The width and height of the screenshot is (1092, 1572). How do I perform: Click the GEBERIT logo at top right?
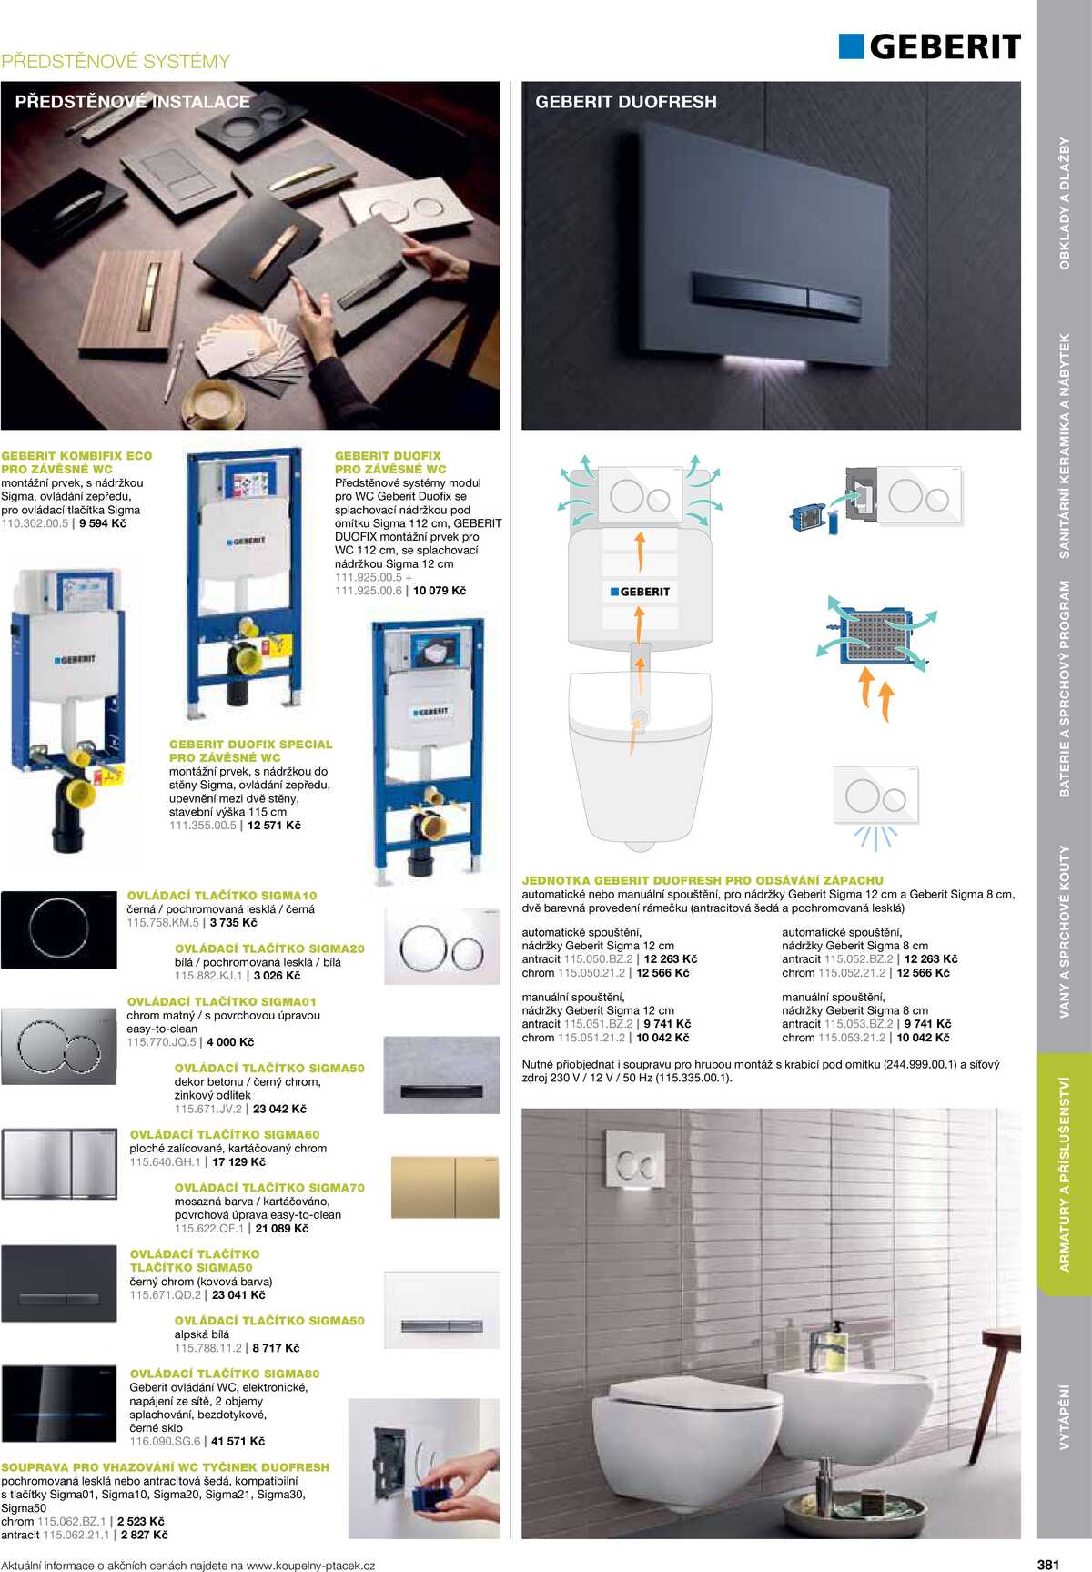click(x=930, y=46)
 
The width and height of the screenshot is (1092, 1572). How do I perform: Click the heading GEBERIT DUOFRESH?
click(x=625, y=102)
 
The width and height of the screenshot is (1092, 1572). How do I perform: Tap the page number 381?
click(x=1047, y=1564)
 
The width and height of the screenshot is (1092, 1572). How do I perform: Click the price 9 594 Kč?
click(x=103, y=523)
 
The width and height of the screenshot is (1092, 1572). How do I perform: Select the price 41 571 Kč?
click(x=238, y=1441)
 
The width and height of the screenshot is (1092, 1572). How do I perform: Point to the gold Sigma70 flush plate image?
click(x=445, y=1187)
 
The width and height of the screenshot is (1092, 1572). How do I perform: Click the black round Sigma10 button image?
click(x=59, y=929)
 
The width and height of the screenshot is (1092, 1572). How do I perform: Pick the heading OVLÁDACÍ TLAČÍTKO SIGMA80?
click(x=225, y=1374)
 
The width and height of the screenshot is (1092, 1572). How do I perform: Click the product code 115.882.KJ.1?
click(x=208, y=976)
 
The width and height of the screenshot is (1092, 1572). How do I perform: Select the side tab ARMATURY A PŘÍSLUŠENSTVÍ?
click(x=1064, y=1173)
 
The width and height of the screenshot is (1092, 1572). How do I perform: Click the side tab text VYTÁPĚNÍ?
click(x=1064, y=1416)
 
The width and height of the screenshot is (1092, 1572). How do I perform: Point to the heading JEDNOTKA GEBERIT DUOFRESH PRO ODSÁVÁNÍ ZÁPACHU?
click(x=702, y=880)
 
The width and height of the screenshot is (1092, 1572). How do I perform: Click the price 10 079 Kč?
click(x=440, y=591)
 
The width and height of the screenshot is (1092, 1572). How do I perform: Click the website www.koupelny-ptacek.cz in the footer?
click(x=310, y=1566)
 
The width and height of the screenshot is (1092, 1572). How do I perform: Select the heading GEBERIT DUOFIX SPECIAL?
click(x=250, y=745)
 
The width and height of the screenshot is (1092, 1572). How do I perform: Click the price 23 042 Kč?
click(x=279, y=1109)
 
